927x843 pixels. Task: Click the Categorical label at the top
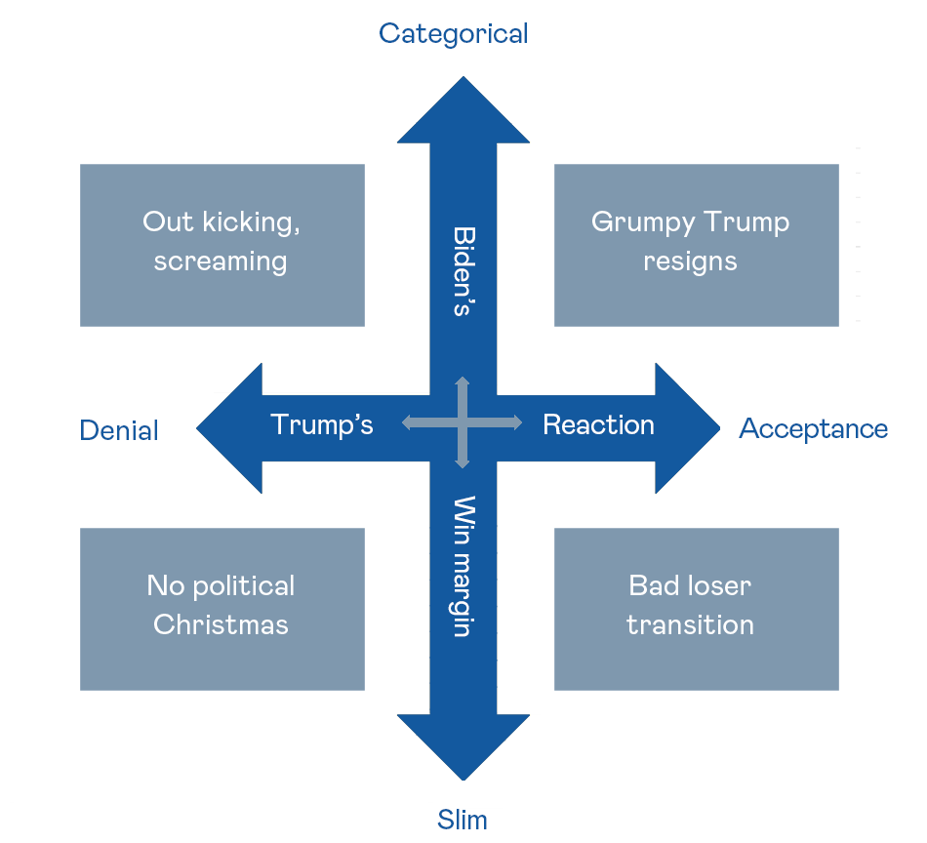pos(453,33)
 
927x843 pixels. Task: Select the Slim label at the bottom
pos(463,819)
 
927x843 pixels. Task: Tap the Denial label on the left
pos(119,430)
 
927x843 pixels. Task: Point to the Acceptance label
pos(813,428)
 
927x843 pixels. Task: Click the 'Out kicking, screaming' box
pos(222,245)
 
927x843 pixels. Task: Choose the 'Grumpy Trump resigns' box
pos(696,245)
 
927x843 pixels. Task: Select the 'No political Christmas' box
pos(222,609)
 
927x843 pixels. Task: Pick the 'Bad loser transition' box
pos(696,609)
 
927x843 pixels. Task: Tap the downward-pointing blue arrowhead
pos(463,745)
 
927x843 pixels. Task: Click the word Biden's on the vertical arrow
pos(463,271)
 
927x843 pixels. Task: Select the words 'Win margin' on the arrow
pos(463,566)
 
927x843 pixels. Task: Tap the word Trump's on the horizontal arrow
pos(321,424)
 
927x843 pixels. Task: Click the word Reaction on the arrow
pos(598,424)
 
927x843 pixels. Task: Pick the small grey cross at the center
pos(463,421)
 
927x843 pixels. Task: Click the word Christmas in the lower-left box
pos(221,624)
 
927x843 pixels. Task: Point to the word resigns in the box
pos(690,261)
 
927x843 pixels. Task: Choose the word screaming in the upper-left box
pos(221,261)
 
